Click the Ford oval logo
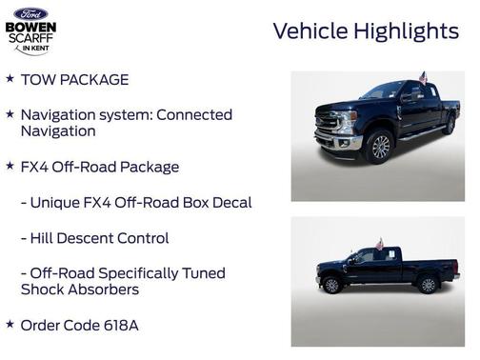(30, 13)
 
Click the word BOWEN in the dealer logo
(30, 28)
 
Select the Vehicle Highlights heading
(366, 30)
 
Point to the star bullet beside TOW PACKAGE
(10, 79)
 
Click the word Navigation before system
(59, 114)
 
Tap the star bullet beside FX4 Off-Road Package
(10, 166)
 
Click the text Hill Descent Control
(99, 238)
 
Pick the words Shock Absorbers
(79, 290)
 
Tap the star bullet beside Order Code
(10, 324)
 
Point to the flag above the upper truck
(423, 77)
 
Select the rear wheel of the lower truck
(428, 284)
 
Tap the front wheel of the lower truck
(332, 285)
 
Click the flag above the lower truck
(378, 245)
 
